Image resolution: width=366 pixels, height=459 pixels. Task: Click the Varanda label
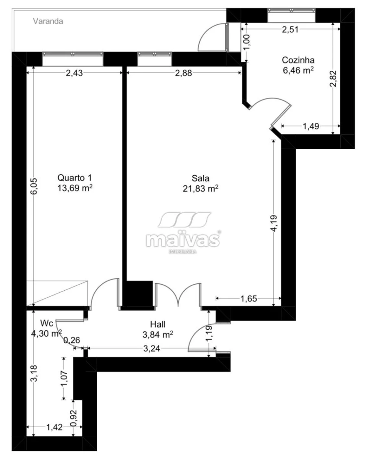[x=48, y=22]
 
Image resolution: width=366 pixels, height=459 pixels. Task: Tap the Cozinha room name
[x=298, y=60]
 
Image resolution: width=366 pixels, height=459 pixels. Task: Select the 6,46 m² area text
[x=298, y=70]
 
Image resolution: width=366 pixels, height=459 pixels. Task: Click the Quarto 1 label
[x=75, y=178]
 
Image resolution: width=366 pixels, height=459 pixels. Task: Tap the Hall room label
[x=157, y=324]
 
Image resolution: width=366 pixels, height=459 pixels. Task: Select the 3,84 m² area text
[x=157, y=334]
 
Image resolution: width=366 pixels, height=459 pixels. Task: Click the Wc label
[x=47, y=323]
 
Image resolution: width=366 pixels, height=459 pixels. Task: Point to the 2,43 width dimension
[x=74, y=73]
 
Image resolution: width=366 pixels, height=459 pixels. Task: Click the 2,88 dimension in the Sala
[x=183, y=73]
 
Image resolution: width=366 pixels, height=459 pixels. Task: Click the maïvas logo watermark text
[x=183, y=240]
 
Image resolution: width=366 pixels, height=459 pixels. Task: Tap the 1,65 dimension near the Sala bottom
[x=248, y=299]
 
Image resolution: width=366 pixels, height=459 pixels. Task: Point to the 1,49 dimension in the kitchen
[x=311, y=126]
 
